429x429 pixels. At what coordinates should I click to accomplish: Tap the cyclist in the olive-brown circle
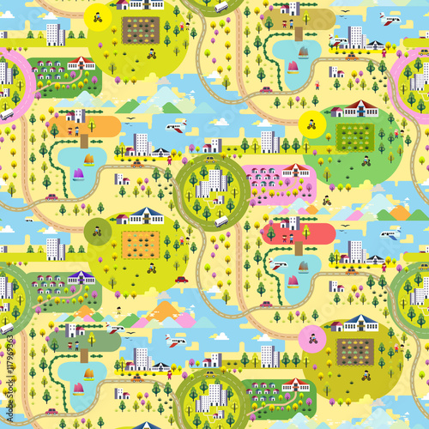97,229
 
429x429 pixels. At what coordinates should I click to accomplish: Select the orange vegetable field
139,244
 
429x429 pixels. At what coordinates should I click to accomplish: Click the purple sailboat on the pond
78,174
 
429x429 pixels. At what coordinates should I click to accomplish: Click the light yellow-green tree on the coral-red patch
271,232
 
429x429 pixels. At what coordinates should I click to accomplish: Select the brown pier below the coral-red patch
298,247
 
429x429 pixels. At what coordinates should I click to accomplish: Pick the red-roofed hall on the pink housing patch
296,169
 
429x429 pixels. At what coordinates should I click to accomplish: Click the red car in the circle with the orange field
181,279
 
